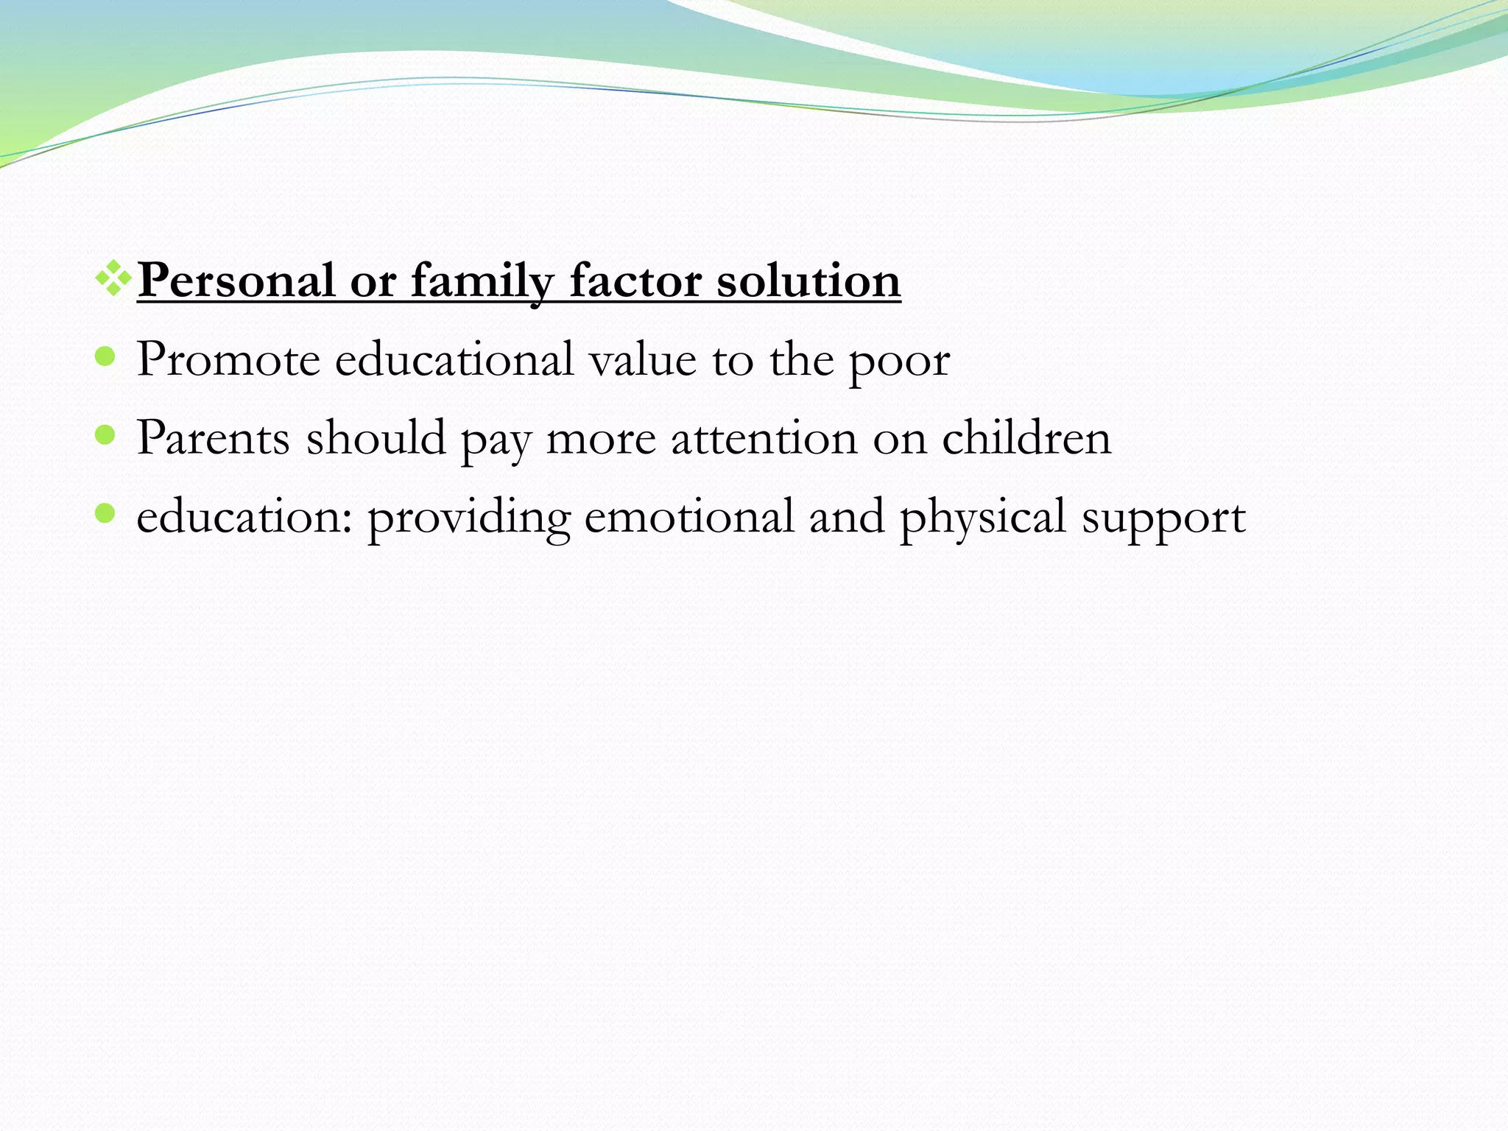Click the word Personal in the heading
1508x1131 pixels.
pos(236,281)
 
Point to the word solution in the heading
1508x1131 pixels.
pos(808,281)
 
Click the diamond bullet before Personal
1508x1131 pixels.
pos(113,278)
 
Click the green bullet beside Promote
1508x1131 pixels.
pos(106,357)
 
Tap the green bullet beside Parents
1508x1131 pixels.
pos(106,435)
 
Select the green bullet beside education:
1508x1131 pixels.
pos(106,513)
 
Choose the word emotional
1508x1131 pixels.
pos(689,517)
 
